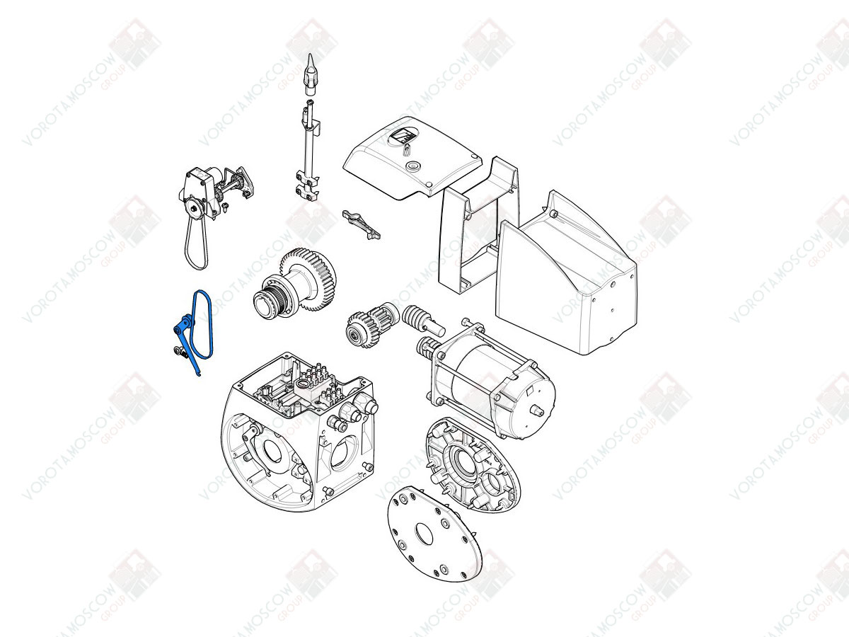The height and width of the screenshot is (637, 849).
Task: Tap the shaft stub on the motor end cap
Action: [x=537, y=411]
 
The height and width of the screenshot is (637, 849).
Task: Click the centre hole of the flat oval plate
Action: [x=424, y=534]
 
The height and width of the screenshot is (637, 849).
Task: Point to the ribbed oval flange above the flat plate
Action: [x=473, y=464]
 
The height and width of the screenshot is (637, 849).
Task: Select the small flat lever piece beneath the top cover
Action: [x=361, y=224]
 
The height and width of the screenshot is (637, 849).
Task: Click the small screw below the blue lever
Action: [x=178, y=351]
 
